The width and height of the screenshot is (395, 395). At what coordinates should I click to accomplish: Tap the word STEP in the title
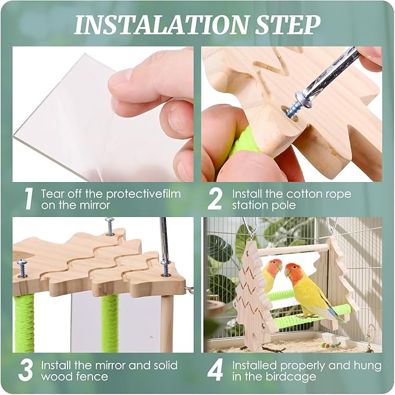tap(288, 24)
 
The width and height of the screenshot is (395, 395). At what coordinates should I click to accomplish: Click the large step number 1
tap(29, 200)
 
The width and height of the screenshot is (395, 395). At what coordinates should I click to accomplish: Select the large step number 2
tap(215, 200)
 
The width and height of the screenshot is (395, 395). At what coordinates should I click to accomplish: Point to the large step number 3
tap(26, 371)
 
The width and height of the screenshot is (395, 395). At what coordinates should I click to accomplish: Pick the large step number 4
tap(215, 371)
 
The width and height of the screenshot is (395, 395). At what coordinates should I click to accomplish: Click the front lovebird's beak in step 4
tap(287, 272)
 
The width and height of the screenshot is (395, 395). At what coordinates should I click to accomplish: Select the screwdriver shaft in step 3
tap(165, 239)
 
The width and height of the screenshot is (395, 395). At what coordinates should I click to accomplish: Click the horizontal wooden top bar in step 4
tap(293, 250)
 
